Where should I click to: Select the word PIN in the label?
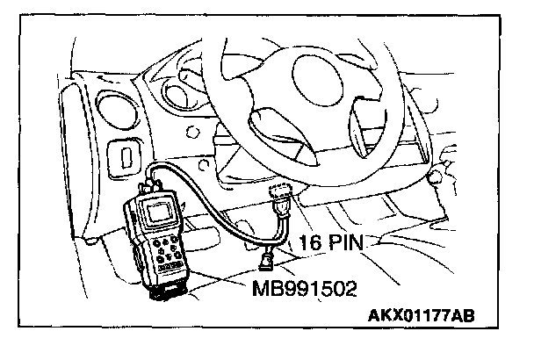[x=348, y=242]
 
